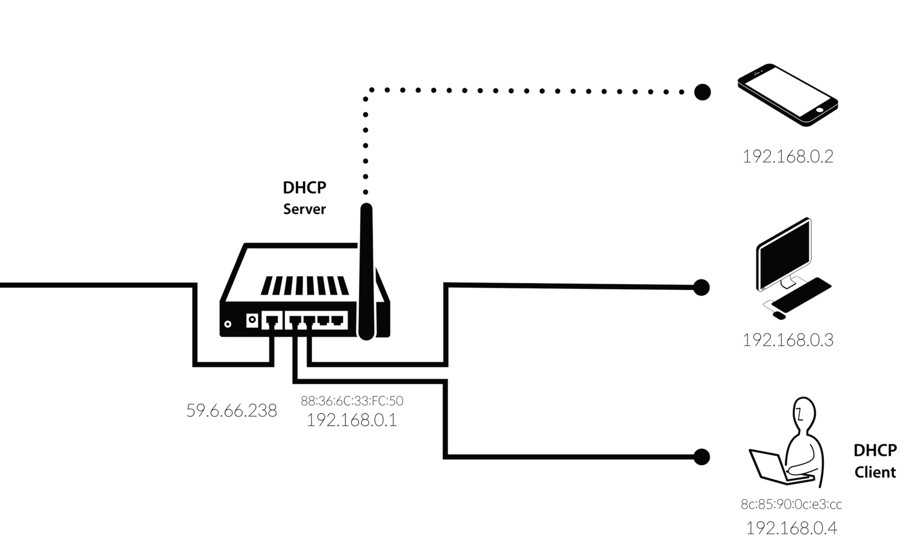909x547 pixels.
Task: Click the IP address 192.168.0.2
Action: tap(788, 156)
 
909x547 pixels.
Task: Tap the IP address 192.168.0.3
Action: tap(788, 340)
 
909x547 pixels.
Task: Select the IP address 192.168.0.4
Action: tap(791, 528)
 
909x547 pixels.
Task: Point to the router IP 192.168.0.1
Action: tap(352, 420)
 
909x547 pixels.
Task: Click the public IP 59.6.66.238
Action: tap(231, 411)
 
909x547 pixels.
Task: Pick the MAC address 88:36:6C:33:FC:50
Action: tap(352, 401)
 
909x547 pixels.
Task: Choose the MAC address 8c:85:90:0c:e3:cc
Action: tap(791, 504)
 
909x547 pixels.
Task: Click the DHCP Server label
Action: tap(305, 198)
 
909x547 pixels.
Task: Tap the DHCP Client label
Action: tap(875, 461)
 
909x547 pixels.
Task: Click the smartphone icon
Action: tap(788, 95)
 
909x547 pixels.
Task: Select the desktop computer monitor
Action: tap(784, 255)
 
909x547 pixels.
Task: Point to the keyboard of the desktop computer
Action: tap(801, 295)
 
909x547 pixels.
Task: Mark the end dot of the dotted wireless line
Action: tap(702, 92)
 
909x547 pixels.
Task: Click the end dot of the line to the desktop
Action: tap(701, 287)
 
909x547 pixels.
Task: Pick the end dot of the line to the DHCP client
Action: tap(701, 457)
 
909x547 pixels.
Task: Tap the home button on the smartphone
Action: tap(819, 110)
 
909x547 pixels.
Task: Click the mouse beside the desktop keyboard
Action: tap(779, 315)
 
